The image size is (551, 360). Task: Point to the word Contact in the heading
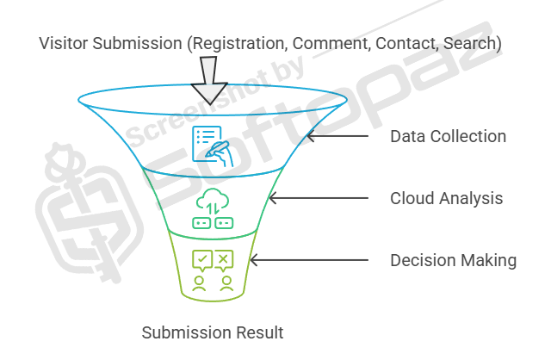point(406,42)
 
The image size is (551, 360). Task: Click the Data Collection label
point(448,136)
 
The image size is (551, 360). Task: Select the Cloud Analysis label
point(446,198)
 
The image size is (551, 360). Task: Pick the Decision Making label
point(453,260)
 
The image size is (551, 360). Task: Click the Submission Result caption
point(212,332)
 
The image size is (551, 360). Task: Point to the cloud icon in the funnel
point(213,200)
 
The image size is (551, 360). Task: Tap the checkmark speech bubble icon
point(201,258)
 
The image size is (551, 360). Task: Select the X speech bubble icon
point(224,258)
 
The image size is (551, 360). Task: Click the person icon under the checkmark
point(201,282)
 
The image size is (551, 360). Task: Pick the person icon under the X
point(224,282)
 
